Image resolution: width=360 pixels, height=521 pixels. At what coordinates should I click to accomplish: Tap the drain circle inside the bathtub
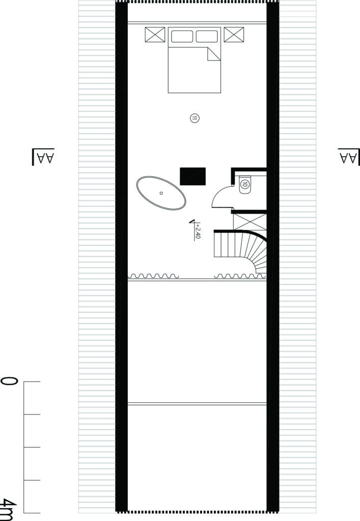[x=161, y=193]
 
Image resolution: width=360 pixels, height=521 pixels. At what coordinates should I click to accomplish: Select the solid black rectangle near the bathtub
[x=193, y=176]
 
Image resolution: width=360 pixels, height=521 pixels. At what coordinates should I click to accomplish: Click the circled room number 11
[x=195, y=118]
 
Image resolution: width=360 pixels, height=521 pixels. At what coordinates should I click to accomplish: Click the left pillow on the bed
[x=182, y=36]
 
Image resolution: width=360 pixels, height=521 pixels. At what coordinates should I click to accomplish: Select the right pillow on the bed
[x=207, y=36]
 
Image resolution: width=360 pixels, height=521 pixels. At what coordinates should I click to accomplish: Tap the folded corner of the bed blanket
[x=214, y=54]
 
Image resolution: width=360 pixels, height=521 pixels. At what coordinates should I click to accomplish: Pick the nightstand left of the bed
[x=155, y=35]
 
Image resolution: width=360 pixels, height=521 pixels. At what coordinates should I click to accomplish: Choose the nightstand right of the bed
[x=234, y=35]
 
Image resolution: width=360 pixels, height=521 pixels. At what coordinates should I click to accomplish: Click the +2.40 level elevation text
[x=198, y=231]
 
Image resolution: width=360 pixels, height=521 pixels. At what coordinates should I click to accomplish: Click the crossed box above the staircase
[x=250, y=222]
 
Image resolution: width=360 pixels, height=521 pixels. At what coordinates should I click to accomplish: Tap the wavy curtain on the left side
[x=154, y=276]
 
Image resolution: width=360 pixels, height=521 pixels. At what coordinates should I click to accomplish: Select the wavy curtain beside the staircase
[x=240, y=276]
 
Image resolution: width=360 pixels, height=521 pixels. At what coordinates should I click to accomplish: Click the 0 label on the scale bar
[x=9, y=382]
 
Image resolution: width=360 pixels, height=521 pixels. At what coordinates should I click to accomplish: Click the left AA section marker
[x=43, y=156]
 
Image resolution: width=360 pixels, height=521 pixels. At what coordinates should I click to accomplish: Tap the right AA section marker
[x=349, y=156]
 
